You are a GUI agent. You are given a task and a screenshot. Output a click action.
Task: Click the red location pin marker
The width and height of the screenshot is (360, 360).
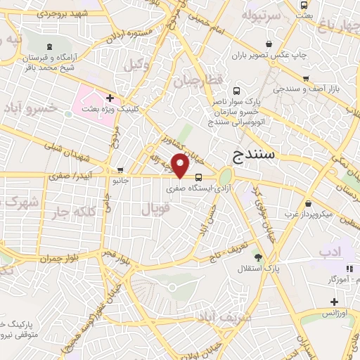click(x=181, y=166)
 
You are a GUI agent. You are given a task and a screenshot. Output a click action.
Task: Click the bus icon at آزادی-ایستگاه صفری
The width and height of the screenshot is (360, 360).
click(x=199, y=177)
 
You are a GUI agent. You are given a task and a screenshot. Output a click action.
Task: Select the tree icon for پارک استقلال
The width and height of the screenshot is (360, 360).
click(x=258, y=257)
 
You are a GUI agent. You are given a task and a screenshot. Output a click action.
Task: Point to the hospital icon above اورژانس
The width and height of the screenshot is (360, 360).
click(x=334, y=302)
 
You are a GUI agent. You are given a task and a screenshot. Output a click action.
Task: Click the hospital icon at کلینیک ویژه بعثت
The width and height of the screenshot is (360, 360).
click(x=110, y=98)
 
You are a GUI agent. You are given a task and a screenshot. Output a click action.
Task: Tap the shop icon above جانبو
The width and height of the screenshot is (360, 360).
click(x=121, y=170)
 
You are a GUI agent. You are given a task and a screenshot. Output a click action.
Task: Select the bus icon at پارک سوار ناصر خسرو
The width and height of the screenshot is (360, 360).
click(x=236, y=91)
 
